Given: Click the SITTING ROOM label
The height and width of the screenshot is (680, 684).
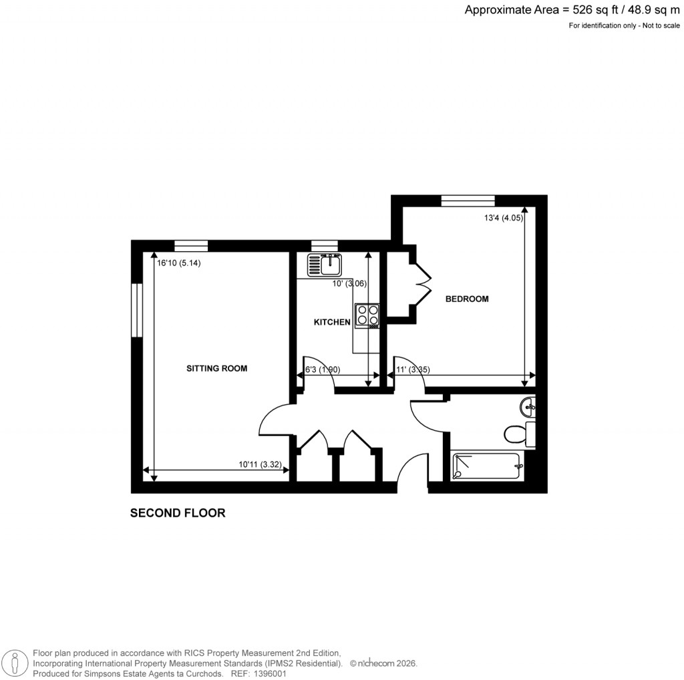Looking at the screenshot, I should (x=216, y=368).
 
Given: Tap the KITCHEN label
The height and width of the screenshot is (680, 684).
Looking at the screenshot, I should (x=332, y=323).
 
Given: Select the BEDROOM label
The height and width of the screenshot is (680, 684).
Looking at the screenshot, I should (x=467, y=299).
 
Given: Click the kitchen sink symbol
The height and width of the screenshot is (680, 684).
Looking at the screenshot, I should (x=325, y=265).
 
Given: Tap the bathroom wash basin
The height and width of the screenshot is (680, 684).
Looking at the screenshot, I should (x=528, y=405).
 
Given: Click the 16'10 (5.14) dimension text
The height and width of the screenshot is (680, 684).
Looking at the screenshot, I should (x=179, y=263).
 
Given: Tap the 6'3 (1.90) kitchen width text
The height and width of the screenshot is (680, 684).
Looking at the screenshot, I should (x=323, y=369).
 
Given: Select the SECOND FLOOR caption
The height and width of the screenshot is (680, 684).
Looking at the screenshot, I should (x=178, y=513).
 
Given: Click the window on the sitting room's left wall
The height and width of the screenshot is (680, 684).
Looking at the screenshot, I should (x=136, y=311).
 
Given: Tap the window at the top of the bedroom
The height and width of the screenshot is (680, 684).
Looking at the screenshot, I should (x=468, y=200).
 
